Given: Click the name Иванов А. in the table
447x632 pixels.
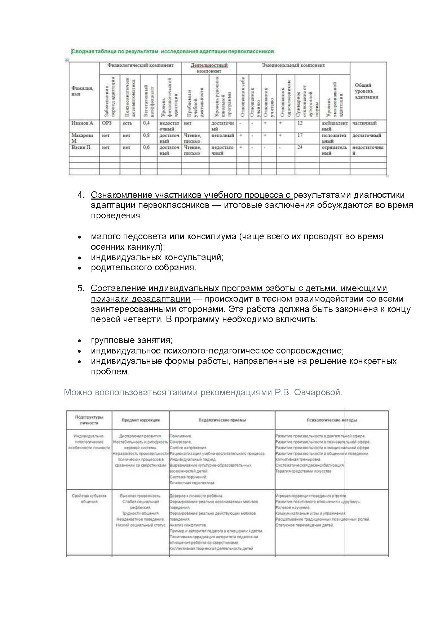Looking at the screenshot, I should tap(83, 123).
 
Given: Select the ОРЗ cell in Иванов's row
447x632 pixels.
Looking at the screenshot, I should tap(107, 123).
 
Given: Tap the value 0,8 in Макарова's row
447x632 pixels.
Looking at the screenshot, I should tap(146, 135).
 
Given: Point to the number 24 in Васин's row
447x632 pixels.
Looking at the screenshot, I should tap(300, 147).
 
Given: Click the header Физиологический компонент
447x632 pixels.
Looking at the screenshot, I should tap(140, 66).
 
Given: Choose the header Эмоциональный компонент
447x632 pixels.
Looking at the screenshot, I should tap(293, 66).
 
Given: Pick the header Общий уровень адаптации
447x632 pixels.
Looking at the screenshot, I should tap(367, 91).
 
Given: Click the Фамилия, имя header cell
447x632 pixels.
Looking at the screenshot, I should tap(82, 91).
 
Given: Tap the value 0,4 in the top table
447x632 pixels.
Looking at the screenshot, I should tap(146, 123).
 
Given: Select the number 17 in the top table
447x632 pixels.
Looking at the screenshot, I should tap(300, 135).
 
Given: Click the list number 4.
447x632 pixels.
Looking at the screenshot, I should tap(81, 195).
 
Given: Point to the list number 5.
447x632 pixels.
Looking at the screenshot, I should tap(81, 288).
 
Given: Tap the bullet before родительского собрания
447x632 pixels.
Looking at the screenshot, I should tap(80, 268).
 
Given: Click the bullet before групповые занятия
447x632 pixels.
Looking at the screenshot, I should tap(80, 341).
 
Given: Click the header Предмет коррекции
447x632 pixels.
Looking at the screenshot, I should tap(141, 420).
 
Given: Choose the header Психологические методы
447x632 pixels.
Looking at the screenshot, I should tap(332, 420).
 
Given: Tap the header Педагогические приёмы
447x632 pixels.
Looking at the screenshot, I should tap(222, 420).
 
